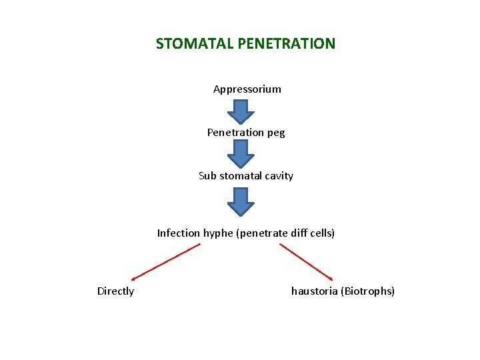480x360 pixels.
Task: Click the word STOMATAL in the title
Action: click(x=185, y=44)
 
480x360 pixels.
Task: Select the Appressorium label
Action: click(x=247, y=89)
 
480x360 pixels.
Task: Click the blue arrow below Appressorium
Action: click(x=241, y=111)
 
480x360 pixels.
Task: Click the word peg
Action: click(x=276, y=133)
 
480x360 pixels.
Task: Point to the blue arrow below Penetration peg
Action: click(x=241, y=153)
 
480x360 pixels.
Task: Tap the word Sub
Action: click(x=207, y=176)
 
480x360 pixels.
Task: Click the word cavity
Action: click(x=279, y=177)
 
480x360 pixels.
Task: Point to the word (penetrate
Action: click(x=260, y=234)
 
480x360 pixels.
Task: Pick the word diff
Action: click(x=295, y=233)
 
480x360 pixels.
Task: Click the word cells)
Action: click(x=321, y=233)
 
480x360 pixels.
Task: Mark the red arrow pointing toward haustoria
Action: click(x=306, y=261)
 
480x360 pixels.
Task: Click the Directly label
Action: click(x=115, y=291)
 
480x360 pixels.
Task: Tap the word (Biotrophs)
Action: click(x=368, y=291)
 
